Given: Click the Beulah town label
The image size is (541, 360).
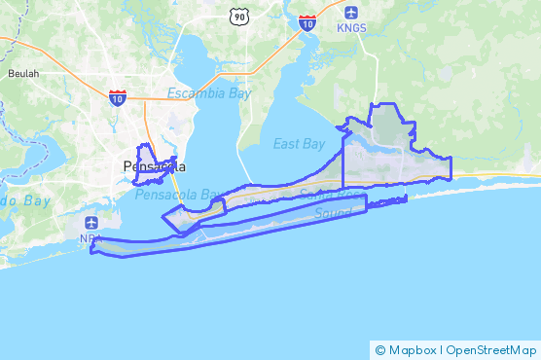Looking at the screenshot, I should [x=23, y=73].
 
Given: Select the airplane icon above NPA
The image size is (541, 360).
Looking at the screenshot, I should [x=92, y=223].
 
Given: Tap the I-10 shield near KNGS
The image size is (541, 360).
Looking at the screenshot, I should [x=307, y=21].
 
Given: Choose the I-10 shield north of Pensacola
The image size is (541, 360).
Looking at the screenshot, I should [x=117, y=96].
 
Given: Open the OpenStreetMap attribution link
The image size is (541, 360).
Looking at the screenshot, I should [x=490, y=349].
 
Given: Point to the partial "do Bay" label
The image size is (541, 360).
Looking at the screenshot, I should [x=24, y=200].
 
